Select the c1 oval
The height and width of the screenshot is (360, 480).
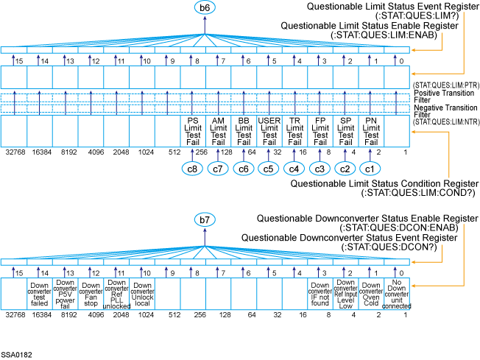371,169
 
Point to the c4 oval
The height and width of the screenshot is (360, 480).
294,169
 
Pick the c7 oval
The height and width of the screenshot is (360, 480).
218,169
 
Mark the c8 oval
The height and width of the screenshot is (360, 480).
193,169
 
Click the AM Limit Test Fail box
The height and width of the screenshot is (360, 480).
218,130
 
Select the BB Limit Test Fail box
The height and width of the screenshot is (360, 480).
244,130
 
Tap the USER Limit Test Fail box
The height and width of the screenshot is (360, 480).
269,130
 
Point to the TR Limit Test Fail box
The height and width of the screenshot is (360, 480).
294,130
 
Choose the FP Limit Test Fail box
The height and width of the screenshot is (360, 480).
320,130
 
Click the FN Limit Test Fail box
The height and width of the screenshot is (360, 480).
371,130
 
